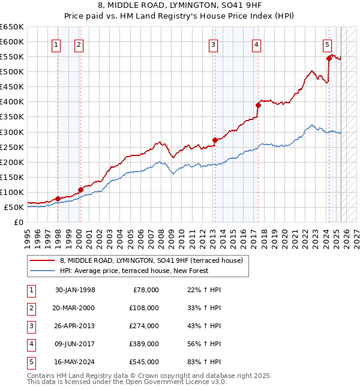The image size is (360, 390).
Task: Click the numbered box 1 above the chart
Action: point(56,43)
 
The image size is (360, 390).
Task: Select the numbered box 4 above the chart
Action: point(256,43)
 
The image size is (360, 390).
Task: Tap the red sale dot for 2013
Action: point(215,140)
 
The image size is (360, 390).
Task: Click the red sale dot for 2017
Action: point(258,105)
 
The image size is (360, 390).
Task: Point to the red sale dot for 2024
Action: point(329,58)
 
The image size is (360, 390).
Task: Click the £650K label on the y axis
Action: point(12,27)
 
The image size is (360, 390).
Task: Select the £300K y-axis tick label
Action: point(12,132)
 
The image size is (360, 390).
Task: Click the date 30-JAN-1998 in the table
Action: point(75,290)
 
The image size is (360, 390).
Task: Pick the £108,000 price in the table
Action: point(145,308)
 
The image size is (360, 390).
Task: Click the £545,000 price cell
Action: point(145,362)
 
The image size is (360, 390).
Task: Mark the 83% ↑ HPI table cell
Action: point(204,362)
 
